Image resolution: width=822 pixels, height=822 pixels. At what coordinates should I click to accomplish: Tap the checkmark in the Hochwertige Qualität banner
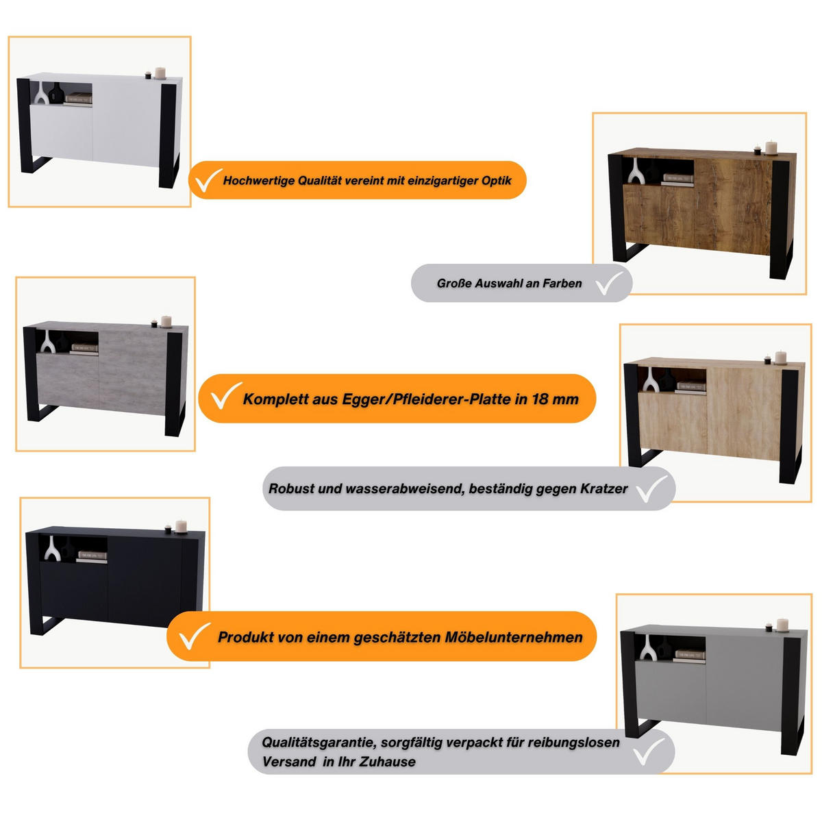click(208, 179)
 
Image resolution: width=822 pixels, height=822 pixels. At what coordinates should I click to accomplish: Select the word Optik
click(497, 181)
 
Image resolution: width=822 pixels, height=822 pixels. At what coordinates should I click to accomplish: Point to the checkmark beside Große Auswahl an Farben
click(610, 282)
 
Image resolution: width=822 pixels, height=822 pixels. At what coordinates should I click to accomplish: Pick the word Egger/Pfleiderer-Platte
click(427, 399)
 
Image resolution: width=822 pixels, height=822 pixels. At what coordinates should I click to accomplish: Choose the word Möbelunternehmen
click(514, 637)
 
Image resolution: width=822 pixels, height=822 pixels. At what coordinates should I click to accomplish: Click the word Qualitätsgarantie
click(319, 743)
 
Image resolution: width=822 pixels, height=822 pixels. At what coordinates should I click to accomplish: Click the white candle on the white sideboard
click(160, 73)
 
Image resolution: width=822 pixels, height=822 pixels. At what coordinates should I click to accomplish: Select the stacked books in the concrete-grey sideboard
click(84, 349)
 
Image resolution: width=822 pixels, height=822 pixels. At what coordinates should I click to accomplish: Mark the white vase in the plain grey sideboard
click(648, 647)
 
